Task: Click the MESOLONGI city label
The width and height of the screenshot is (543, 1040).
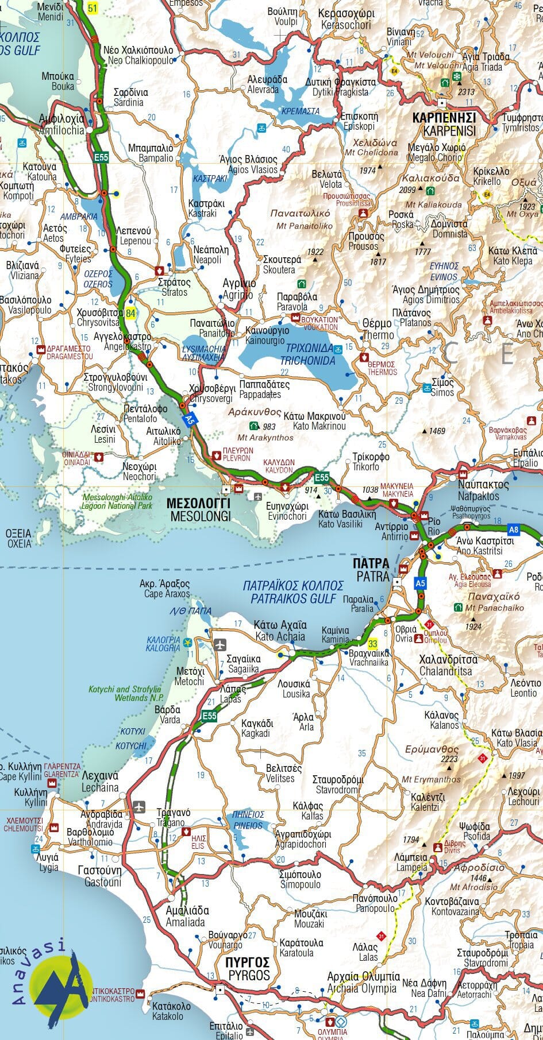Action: coord(198,509)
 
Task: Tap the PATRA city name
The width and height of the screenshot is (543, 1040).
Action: coord(372,569)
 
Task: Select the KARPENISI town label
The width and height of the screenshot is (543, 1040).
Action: coord(444,124)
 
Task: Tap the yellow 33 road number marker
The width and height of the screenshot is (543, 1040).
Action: coord(373,644)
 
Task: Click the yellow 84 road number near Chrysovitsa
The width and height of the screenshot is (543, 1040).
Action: coord(132,313)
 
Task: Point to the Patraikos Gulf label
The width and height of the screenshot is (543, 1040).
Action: coord(292,592)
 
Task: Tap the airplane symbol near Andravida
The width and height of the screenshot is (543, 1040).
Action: coord(139,807)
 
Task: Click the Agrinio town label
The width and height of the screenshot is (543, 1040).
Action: coord(239,289)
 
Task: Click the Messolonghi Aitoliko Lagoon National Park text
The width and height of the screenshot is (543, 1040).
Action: coord(117,501)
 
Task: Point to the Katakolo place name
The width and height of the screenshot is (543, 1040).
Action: coord(168,1016)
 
